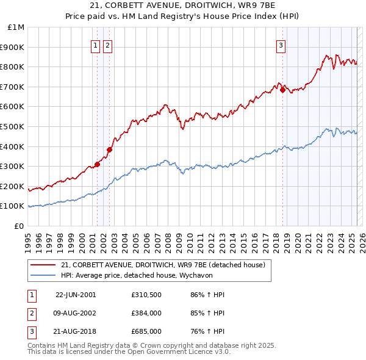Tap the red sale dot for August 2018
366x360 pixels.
tap(282, 90)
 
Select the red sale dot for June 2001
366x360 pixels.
tap(97, 164)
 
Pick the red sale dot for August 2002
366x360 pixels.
tap(109, 149)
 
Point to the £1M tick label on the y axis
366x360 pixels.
tap(16, 27)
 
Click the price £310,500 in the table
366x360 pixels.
tap(146, 295)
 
